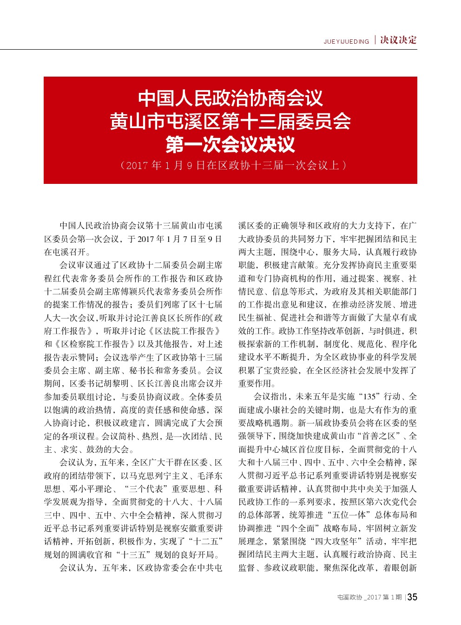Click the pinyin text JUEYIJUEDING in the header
point(346,42)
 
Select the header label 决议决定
point(398,40)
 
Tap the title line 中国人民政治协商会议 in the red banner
point(230,98)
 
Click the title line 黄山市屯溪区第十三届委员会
point(230,121)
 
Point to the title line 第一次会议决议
point(230,144)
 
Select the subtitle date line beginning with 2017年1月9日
point(233,166)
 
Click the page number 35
point(412,597)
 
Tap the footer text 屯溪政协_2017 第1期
point(369,598)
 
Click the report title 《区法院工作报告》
point(184,331)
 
